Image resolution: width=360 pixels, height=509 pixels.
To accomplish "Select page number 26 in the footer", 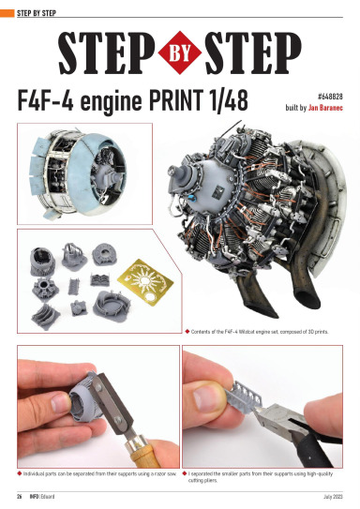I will pos(18,495).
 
